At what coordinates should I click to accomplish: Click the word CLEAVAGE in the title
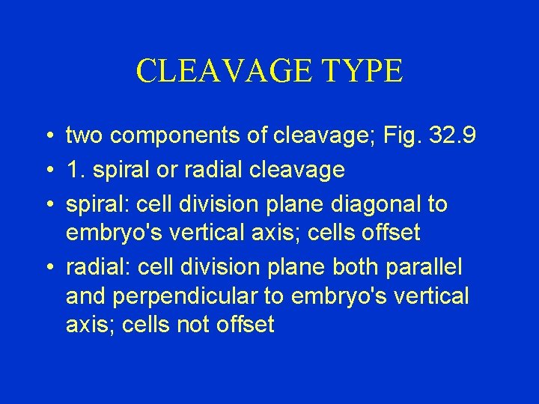point(225,71)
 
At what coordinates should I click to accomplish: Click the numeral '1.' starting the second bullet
point(75,170)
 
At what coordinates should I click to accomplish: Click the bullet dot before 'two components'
point(47,137)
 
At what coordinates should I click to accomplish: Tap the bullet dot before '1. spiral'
point(47,171)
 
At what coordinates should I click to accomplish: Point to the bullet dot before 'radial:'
point(47,267)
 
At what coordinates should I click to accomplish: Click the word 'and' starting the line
point(85,296)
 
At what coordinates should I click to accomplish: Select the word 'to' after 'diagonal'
point(437,203)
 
